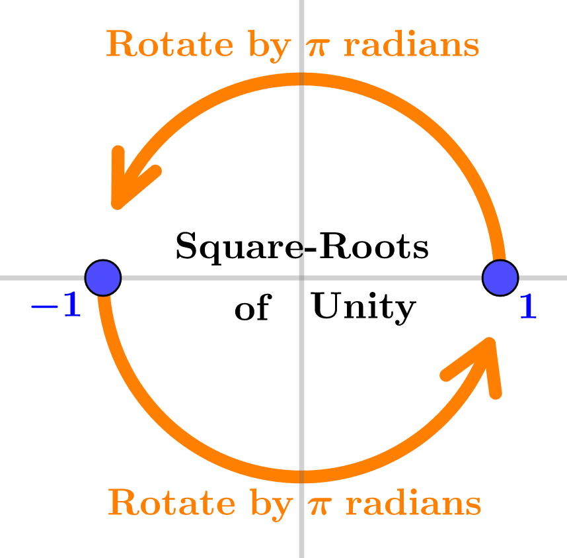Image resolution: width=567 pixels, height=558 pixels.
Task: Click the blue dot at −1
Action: [x=103, y=277]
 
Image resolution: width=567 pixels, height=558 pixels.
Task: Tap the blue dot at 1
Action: [x=500, y=277]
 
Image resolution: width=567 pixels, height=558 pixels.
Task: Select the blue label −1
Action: [x=56, y=306]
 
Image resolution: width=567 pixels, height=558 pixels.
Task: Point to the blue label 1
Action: [x=527, y=307]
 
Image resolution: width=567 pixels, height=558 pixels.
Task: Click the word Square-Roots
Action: [x=302, y=248]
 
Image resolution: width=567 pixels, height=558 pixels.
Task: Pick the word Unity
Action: [x=363, y=307]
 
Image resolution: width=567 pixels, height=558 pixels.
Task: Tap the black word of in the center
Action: [x=252, y=308]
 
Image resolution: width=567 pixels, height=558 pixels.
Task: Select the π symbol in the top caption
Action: [x=317, y=47]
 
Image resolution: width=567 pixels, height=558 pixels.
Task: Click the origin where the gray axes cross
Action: [x=302, y=278]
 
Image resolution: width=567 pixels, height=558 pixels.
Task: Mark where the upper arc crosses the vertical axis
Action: [x=302, y=80]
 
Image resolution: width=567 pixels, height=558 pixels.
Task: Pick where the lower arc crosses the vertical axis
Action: [x=302, y=476]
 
